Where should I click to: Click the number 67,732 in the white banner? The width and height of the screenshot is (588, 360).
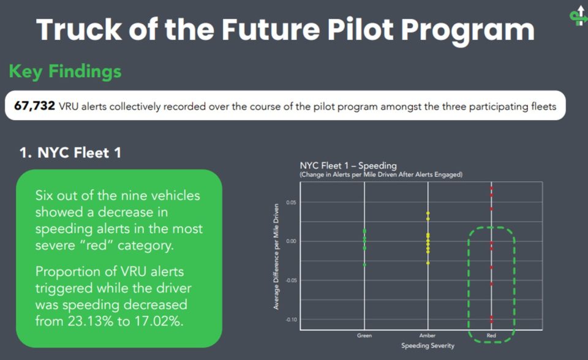(x=34, y=106)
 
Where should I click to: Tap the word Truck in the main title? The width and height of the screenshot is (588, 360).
(x=79, y=29)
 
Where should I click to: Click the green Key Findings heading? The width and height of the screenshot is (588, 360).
(x=66, y=71)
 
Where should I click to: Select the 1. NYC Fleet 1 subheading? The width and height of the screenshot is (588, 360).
(x=70, y=152)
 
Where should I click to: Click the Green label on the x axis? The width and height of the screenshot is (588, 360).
(x=364, y=336)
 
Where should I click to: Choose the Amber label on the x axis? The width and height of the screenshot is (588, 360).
(x=428, y=336)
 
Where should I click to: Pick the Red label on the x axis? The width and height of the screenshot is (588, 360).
(x=491, y=336)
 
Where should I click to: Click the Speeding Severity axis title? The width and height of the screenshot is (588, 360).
(x=428, y=345)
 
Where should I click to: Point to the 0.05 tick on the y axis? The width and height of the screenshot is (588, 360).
(x=291, y=203)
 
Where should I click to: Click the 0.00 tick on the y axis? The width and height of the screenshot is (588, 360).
(x=291, y=241)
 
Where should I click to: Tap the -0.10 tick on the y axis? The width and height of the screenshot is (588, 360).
(x=290, y=320)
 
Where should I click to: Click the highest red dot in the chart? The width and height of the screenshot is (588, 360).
(x=491, y=188)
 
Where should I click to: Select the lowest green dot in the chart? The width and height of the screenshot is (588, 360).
(x=364, y=264)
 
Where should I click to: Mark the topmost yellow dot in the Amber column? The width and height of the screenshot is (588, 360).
(x=428, y=213)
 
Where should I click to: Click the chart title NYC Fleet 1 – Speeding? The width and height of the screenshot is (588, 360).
(x=348, y=165)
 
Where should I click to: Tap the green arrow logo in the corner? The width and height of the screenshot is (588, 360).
(x=579, y=16)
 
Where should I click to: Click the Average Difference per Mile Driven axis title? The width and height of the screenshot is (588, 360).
(x=276, y=257)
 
